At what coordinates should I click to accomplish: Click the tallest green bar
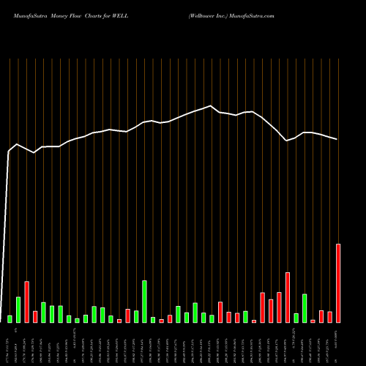coord(144,302)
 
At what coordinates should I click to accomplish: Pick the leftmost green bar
coord(10,318)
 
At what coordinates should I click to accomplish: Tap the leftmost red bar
coord(26,302)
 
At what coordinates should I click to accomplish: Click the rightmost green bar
coord(305,308)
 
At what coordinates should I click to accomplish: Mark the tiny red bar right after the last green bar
coord(313,321)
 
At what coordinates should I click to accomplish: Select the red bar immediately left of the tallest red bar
coord(329,317)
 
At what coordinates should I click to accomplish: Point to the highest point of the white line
coord(212,106)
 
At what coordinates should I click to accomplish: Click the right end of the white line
coord(337,139)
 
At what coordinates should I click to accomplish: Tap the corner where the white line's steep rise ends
coord(10,152)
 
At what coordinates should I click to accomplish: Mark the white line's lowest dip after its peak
coord(288,141)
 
